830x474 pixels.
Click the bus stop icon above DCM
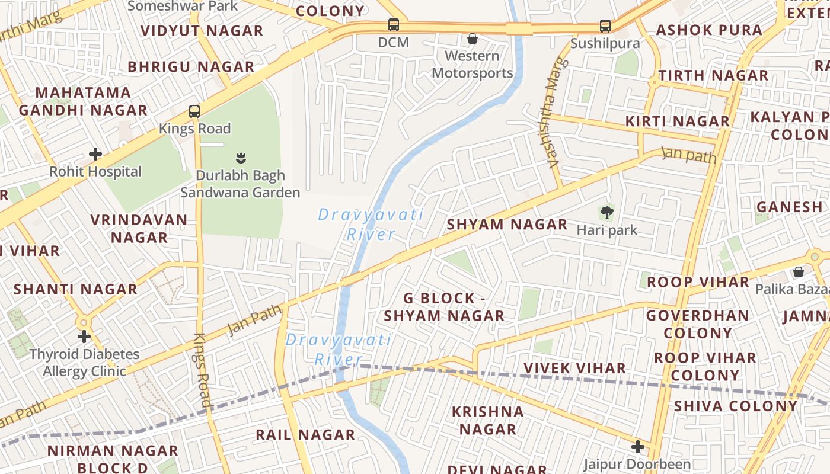394,25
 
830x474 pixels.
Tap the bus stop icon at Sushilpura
605,26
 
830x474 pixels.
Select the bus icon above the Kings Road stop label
194,111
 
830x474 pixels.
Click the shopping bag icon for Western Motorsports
473,39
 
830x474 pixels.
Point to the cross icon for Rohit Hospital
95,154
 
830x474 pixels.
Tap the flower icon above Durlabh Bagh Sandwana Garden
241,158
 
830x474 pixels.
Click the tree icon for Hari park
606,212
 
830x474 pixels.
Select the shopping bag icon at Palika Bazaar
799,272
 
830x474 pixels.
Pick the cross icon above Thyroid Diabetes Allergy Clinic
84,337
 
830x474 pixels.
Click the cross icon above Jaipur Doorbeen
638,446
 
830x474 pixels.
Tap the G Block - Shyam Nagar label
444,307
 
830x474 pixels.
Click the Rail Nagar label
305,435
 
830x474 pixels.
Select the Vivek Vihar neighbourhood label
574,369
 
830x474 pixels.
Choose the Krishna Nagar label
488,420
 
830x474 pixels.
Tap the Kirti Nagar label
678,121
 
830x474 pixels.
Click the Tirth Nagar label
713,75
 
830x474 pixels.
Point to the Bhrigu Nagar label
191,66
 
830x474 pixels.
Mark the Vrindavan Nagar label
139,229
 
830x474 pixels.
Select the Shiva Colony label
736,406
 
